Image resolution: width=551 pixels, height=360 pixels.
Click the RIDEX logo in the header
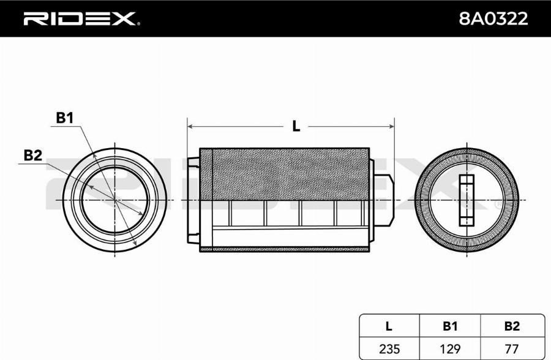click(x=80, y=19)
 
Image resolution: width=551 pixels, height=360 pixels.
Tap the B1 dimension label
click(x=65, y=118)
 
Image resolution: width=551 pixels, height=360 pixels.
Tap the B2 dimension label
click(x=32, y=156)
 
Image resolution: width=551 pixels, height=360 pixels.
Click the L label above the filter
click(x=296, y=127)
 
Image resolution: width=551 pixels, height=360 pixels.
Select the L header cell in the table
click(x=390, y=326)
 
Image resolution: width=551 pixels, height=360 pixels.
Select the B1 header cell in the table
click(x=450, y=326)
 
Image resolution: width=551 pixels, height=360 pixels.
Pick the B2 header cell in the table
click(x=512, y=326)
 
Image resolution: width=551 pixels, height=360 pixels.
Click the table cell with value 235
click(x=390, y=348)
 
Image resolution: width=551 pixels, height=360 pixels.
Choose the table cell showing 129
click(x=450, y=348)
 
